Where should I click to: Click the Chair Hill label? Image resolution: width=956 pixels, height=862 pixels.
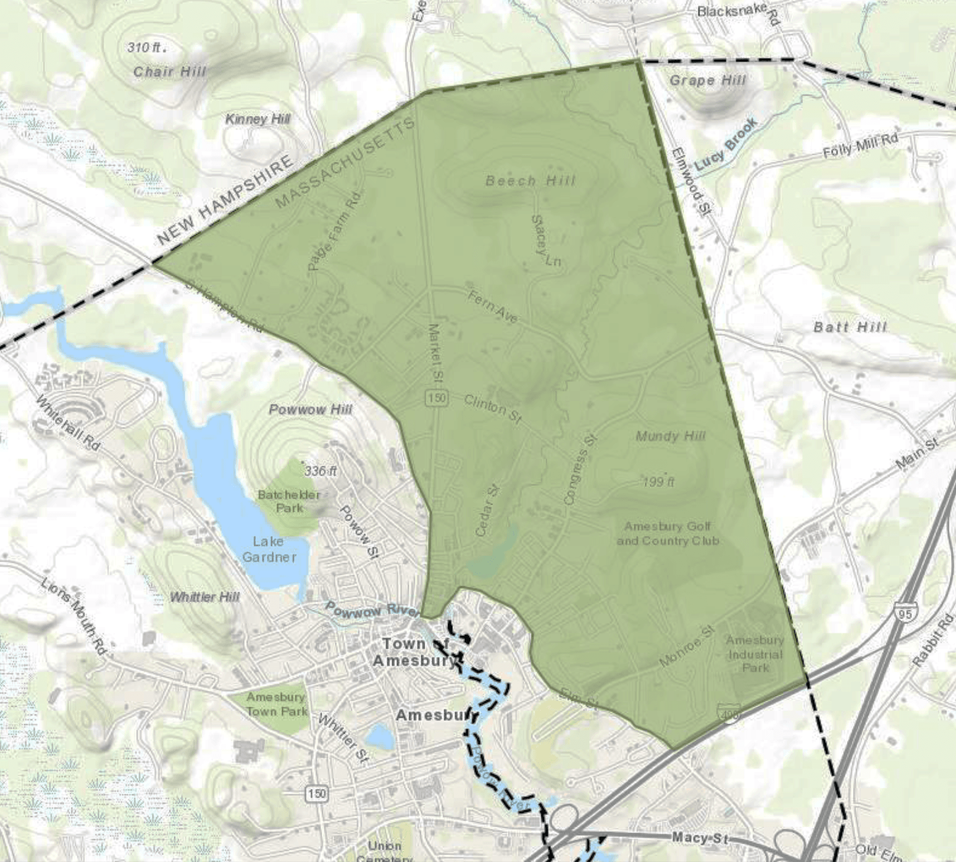(x=170, y=71)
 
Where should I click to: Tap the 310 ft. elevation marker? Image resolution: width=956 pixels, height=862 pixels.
(x=146, y=48)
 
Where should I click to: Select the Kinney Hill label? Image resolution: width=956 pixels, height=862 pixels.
(x=257, y=119)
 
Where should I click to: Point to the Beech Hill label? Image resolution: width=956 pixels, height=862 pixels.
(x=530, y=180)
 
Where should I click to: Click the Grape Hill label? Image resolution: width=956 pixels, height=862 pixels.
(x=707, y=81)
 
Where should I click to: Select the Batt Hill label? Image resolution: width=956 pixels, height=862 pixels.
(x=850, y=327)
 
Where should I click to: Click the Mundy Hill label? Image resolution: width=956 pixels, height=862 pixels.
(x=670, y=436)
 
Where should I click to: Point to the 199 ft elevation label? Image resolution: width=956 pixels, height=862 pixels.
(x=658, y=482)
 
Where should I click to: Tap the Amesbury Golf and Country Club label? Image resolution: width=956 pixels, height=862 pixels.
(x=668, y=533)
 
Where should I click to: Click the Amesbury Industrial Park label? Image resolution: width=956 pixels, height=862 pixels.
(x=755, y=654)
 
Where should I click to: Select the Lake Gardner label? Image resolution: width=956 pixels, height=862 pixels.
(x=269, y=549)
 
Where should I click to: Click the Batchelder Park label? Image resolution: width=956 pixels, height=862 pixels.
(x=289, y=501)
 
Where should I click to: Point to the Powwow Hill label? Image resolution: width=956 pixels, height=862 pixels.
(x=311, y=410)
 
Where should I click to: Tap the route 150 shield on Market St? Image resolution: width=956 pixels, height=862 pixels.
(x=437, y=398)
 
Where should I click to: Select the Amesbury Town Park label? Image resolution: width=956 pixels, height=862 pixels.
(x=276, y=704)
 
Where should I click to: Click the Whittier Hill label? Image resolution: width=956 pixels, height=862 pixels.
(x=204, y=597)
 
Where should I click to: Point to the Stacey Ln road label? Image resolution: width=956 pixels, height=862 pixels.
(x=545, y=241)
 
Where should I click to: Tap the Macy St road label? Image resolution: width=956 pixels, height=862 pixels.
(x=699, y=838)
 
